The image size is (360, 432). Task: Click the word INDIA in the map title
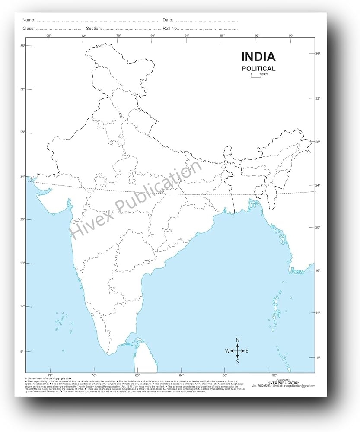click(x=258, y=57)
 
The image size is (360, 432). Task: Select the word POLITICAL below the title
click(x=258, y=68)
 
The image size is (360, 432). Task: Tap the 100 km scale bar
click(x=257, y=75)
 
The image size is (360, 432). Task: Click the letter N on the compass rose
click(x=237, y=340)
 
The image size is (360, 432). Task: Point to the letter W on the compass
click(x=227, y=351)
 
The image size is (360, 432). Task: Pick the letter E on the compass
click(x=247, y=351)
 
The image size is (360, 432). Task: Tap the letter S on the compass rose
click(x=237, y=361)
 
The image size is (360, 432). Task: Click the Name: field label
click(x=29, y=20)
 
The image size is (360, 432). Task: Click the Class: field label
click(x=29, y=28)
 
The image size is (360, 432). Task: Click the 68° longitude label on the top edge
click(x=49, y=35)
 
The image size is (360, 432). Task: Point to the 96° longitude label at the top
click(x=291, y=35)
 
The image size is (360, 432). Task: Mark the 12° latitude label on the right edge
click(x=318, y=313)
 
